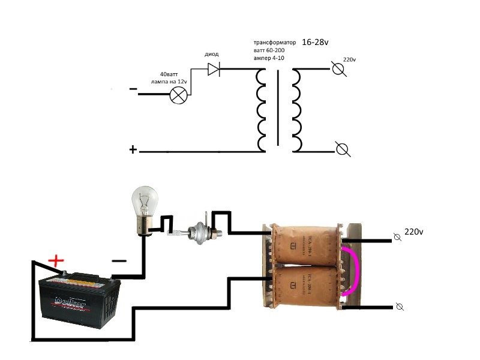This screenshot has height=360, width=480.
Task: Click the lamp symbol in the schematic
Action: point(178,95)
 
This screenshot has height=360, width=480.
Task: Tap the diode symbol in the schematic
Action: point(214,70)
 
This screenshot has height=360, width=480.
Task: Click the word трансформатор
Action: point(274,44)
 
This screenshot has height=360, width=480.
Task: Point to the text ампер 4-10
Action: point(268,59)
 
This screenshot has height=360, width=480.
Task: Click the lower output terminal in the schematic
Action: point(343,149)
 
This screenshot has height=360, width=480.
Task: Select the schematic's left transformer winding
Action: point(262,110)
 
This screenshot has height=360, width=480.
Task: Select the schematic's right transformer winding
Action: point(295,110)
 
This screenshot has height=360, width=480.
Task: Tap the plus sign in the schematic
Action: point(133,149)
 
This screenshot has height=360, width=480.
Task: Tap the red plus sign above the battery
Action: point(56,261)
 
